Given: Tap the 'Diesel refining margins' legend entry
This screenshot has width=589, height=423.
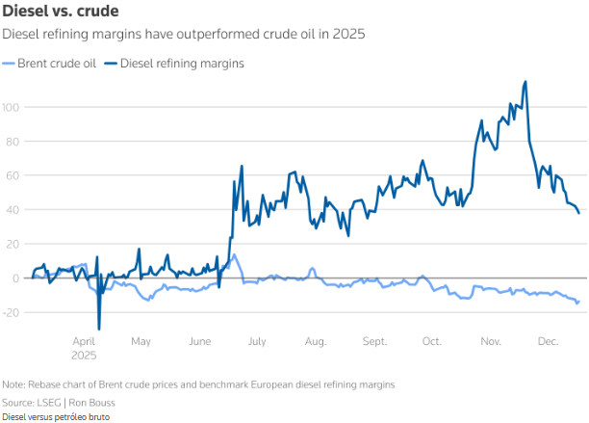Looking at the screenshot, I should [180, 64].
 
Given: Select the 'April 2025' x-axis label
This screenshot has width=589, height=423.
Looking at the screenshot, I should [85, 347].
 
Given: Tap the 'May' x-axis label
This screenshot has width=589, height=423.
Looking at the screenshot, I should [141, 341].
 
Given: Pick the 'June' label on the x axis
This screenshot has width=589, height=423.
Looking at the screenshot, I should [199, 341].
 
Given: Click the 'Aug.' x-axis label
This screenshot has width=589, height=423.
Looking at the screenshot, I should [316, 341].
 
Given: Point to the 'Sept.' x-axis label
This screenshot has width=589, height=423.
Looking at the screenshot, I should [374, 341].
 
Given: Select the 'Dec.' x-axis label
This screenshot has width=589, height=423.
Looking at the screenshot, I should [549, 341].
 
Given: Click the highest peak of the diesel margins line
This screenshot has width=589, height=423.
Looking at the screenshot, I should [525, 82].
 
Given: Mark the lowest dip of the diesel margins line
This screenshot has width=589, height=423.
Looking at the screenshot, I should [98, 330].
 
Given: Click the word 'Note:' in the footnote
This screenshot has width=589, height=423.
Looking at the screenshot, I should [14, 384].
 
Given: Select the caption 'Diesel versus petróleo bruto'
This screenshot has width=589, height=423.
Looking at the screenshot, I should [56, 416].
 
